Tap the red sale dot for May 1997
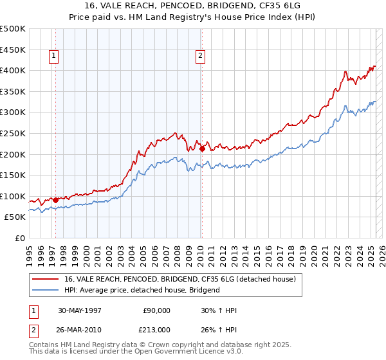[x=55, y=200]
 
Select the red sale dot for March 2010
[x=202, y=148]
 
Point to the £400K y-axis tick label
[x=14, y=70]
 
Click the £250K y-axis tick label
[x=14, y=133]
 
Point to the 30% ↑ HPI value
[x=219, y=310]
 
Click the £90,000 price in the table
[x=156, y=310]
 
